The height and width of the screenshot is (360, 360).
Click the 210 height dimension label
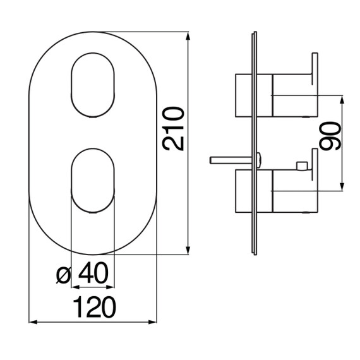point(173,129)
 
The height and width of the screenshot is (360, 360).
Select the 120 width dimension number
point(94,307)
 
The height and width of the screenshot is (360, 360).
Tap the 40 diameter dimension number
point(93,272)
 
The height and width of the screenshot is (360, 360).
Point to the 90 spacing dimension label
point(330,136)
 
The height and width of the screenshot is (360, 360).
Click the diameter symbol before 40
point(63,275)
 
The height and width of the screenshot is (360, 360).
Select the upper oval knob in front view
point(93,85)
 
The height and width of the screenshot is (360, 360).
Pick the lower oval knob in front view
point(93,181)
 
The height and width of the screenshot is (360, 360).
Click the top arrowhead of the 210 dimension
point(188,37)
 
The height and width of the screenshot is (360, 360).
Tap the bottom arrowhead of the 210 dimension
point(188,250)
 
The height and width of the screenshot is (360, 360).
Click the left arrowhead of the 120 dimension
point(33,322)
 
